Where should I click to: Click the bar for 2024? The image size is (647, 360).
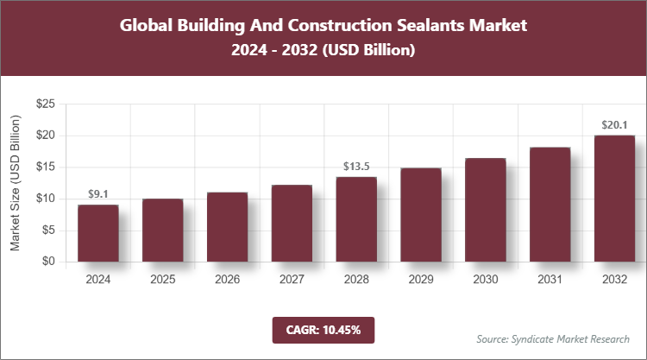point(97,233)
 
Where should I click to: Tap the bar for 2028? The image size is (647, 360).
point(356,219)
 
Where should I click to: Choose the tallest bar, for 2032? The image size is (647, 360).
point(614,199)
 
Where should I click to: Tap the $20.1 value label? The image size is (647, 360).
point(614,125)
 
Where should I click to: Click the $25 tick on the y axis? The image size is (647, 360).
point(46,104)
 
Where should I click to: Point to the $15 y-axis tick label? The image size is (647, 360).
point(46,167)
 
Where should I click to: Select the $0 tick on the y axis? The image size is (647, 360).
point(49,262)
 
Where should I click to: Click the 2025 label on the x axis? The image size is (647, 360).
point(162,280)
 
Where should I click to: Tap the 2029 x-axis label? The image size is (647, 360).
point(421,280)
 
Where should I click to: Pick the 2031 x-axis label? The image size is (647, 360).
point(550,280)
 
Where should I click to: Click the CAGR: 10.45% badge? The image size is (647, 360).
point(323,329)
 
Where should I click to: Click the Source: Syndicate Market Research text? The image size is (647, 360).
point(552,338)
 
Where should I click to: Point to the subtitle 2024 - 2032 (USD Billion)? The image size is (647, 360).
point(323,51)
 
